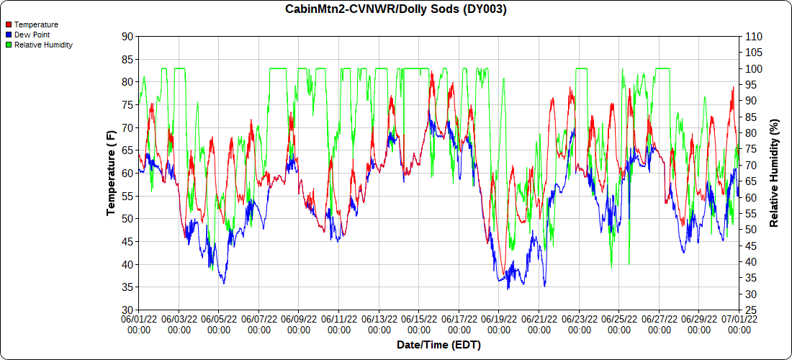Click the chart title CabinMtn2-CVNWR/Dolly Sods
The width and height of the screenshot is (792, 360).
(395, 9)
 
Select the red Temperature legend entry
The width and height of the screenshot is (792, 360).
(36, 24)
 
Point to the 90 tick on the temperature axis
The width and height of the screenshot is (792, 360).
(127, 36)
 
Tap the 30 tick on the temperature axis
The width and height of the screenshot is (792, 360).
(127, 310)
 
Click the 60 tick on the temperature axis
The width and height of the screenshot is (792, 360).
(127, 174)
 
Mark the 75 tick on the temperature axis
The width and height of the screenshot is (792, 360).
(127, 105)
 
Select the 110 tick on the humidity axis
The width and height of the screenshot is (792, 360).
(753, 36)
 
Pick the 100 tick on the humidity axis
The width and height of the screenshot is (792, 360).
(753, 69)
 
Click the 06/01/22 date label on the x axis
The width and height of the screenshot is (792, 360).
(138, 323)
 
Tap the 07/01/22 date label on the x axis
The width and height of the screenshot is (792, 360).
(739, 323)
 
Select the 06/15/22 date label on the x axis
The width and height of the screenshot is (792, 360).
(419, 323)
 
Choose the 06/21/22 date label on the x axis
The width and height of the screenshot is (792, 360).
(539, 323)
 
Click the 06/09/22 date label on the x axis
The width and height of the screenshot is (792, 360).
(299, 323)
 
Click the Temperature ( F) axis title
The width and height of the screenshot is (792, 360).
(111, 173)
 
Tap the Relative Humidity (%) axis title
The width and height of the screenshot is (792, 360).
(775, 173)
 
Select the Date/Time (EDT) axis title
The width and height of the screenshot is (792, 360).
(438, 345)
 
